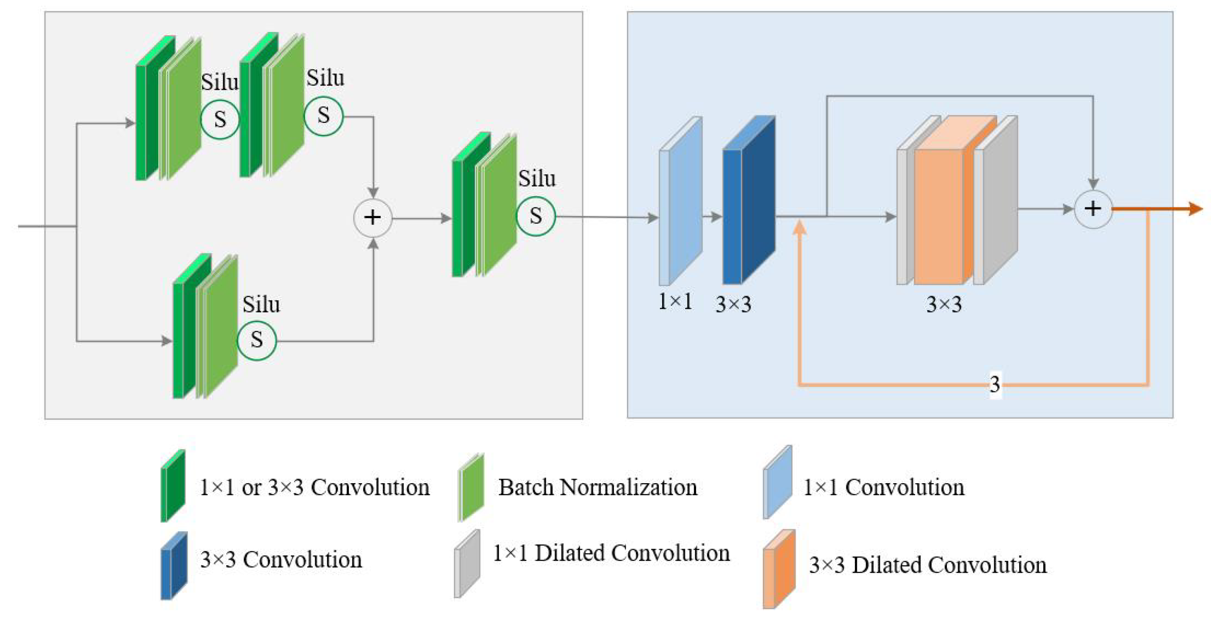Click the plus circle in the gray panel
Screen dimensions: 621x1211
click(x=372, y=217)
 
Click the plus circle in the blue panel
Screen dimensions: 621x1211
click(x=1093, y=209)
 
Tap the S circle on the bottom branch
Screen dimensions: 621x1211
click(x=256, y=340)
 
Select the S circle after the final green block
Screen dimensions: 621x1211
click(x=535, y=216)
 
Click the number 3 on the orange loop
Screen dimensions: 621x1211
click(x=995, y=384)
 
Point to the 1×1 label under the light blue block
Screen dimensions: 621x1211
click(x=675, y=301)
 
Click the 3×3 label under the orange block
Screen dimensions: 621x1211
click(x=944, y=304)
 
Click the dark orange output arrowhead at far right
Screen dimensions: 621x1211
click(x=1195, y=209)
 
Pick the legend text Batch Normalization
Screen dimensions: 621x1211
click(x=597, y=487)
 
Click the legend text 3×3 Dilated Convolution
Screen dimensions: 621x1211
click(x=928, y=565)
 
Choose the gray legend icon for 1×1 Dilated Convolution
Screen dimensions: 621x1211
click(x=467, y=564)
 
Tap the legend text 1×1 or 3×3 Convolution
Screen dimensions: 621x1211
click(x=314, y=487)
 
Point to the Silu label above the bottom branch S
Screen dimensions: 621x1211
click(x=261, y=304)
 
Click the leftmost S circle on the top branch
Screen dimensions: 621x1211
click(x=220, y=120)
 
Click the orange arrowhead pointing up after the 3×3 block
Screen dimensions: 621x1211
click(x=799, y=228)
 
